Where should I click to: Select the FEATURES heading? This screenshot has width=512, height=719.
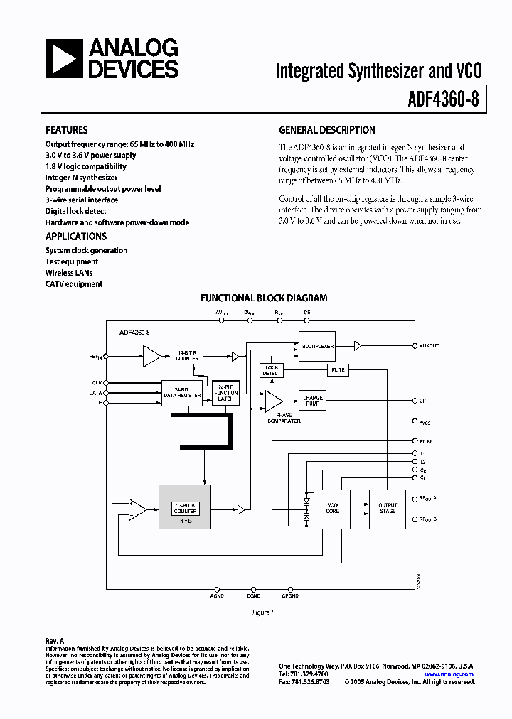[67, 130]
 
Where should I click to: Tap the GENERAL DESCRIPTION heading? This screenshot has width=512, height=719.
[326, 130]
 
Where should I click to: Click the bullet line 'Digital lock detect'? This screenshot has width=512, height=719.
[76, 211]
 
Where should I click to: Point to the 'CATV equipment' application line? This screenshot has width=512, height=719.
[74, 284]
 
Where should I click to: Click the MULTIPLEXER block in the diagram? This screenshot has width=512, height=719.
[316, 345]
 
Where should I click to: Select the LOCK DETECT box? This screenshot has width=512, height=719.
[272, 370]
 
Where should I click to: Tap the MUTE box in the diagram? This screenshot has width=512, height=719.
[337, 369]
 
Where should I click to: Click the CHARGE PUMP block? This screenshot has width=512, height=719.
[313, 401]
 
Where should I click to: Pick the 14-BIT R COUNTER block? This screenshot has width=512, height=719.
[187, 356]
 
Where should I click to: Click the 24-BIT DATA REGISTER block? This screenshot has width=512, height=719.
[182, 392]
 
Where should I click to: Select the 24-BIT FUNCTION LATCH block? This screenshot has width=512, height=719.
[226, 393]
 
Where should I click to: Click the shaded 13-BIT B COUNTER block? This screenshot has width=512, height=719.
[185, 507]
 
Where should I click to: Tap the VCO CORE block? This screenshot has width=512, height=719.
[332, 508]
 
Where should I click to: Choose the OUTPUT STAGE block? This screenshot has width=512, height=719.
[387, 508]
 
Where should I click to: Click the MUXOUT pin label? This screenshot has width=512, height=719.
[430, 346]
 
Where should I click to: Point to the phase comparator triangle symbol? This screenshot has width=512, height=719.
[273, 402]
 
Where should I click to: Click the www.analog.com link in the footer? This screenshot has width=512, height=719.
[452, 674]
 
